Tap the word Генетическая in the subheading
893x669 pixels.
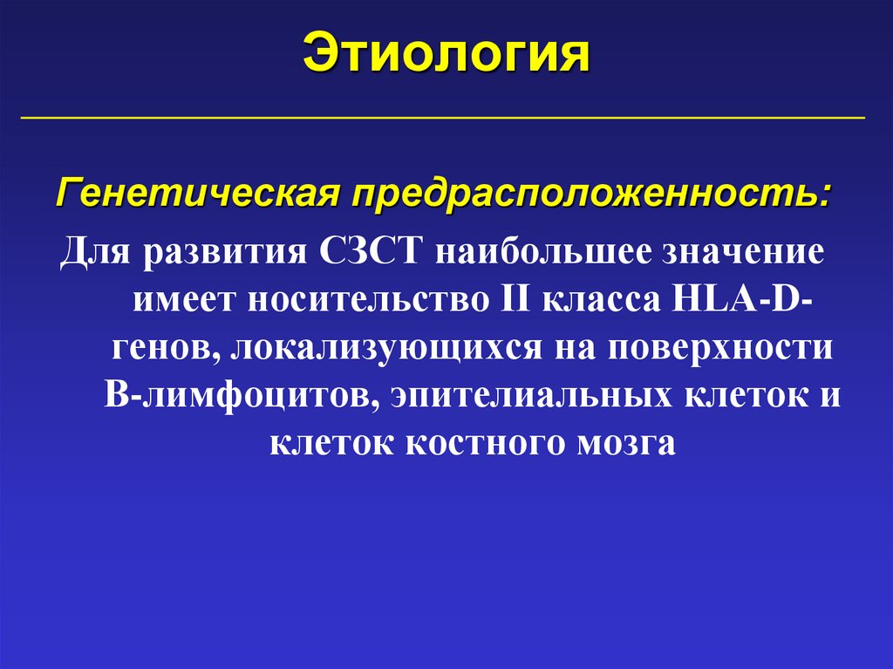pyautogui.click(x=198, y=190)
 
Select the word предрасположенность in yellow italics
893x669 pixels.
pyautogui.click(x=589, y=190)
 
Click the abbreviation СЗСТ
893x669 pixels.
pyautogui.click(x=371, y=253)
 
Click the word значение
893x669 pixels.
pyautogui.click(x=744, y=253)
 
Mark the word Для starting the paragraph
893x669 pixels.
pyautogui.click(x=93, y=253)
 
